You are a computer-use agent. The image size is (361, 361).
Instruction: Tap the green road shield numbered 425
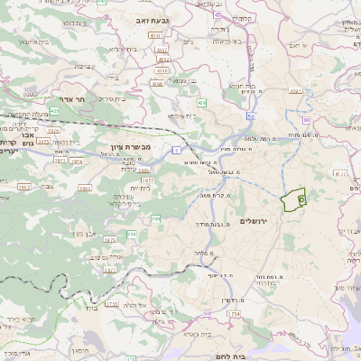(x=54, y=110)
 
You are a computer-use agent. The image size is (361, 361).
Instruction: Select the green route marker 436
(x=201, y=104)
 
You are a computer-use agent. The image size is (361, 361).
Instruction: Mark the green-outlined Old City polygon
(x=294, y=200)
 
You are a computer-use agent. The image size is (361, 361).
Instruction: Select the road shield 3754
(x=235, y=313)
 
